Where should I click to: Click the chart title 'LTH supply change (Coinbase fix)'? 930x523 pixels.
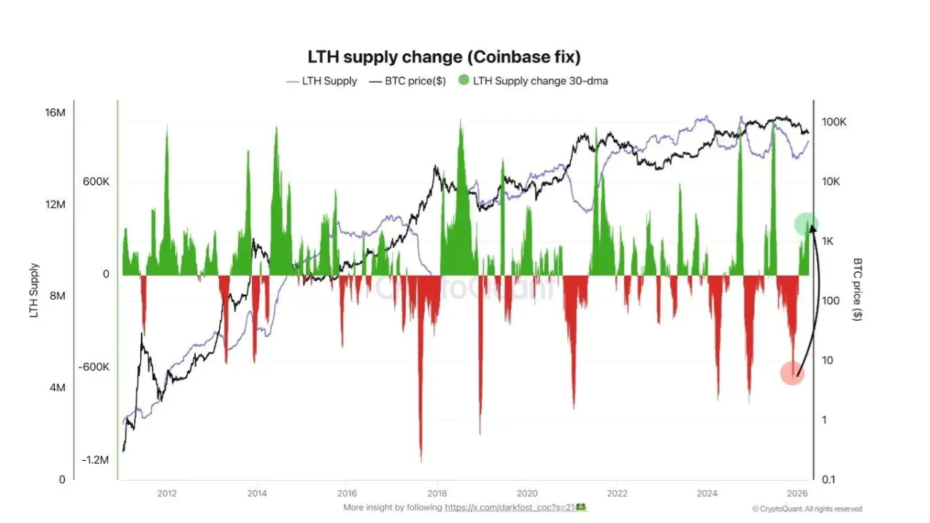[x=445, y=57]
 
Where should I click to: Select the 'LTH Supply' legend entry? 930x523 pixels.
[x=329, y=81]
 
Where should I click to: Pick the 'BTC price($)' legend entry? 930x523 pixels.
[x=415, y=81]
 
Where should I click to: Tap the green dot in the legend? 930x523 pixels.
[x=464, y=80]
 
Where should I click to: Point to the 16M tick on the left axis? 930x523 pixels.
[x=55, y=113]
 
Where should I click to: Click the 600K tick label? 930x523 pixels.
[x=96, y=182]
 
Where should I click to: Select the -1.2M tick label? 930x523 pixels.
[x=95, y=460]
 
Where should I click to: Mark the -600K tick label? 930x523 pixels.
[x=94, y=367]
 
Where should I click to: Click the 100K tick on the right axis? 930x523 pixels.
[x=834, y=123]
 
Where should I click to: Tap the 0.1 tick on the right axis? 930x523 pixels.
[x=829, y=479]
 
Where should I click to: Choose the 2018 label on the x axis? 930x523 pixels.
[x=437, y=492]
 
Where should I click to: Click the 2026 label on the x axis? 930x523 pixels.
[x=797, y=492]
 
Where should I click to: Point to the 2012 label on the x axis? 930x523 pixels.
[x=166, y=492]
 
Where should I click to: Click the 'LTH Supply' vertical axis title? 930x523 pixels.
[x=34, y=290]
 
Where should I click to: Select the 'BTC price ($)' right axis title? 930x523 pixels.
[x=858, y=290]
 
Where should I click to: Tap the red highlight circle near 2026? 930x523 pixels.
[x=792, y=373]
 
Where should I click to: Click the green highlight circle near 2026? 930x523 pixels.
[x=806, y=224]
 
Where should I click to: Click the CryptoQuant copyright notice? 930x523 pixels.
[x=807, y=508]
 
